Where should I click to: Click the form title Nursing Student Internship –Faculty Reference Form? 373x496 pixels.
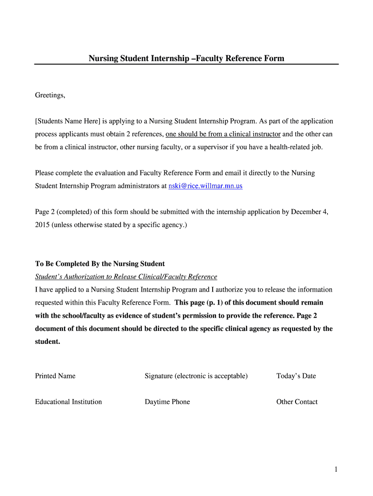pos(186,59)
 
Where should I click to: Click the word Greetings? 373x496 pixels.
pos(50,95)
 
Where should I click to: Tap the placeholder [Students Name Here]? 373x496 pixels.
pos(67,121)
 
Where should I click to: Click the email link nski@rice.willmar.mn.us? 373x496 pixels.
pos(205,186)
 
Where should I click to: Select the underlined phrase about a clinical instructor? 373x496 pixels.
pos(223,134)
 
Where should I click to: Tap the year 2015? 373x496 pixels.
pos(43,225)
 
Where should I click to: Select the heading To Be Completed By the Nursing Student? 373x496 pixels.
pos(100,264)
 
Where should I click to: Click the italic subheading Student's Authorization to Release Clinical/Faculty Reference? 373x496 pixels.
pos(126,277)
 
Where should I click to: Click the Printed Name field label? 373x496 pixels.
pos(55,376)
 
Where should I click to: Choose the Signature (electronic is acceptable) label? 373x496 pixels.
pos(196,376)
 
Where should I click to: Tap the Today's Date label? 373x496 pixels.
pos(296,376)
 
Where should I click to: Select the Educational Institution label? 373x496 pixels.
pos(68,402)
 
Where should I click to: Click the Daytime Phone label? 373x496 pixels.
pos(167,402)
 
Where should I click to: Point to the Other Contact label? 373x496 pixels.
pos(297,402)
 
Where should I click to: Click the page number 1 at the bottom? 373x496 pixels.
pos(335,469)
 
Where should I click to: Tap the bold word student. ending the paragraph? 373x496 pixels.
pos(47,341)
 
